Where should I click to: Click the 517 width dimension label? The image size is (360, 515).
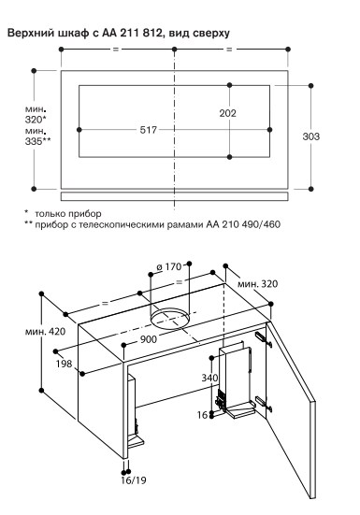point(149,130)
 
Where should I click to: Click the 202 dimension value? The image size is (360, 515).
point(227,113)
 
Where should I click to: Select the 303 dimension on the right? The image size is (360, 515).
point(310,136)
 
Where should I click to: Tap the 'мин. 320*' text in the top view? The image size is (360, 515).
point(36,114)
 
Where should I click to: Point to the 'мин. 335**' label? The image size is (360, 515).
point(37,136)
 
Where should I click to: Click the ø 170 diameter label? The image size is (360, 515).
point(169,266)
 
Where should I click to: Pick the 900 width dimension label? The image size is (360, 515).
point(149,339)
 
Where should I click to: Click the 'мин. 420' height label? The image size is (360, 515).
point(45,332)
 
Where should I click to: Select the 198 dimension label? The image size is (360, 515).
point(64,364)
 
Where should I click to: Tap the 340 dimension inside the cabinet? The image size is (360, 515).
point(209,378)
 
